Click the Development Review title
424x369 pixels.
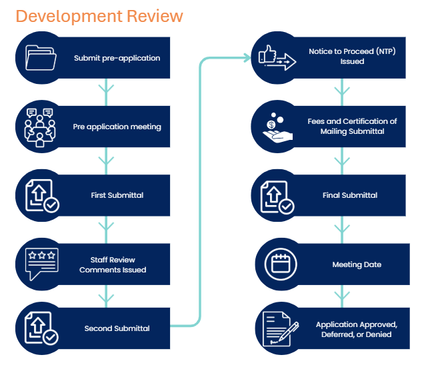pyautogui.click(x=99, y=15)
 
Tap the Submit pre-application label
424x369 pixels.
pyautogui.click(x=117, y=58)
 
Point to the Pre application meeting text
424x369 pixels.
pyautogui.click(x=117, y=127)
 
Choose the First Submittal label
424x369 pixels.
pyautogui.click(x=117, y=195)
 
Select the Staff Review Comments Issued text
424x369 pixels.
pyautogui.click(x=113, y=264)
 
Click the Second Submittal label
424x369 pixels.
pyautogui.click(x=117, y=328)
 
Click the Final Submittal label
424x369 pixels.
pyautogui.click(x=350, y=195)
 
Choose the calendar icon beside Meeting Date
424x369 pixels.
pyautogui.click(x=278, y=264)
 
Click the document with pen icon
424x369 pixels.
pyautogui.click(x=278, y=329)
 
